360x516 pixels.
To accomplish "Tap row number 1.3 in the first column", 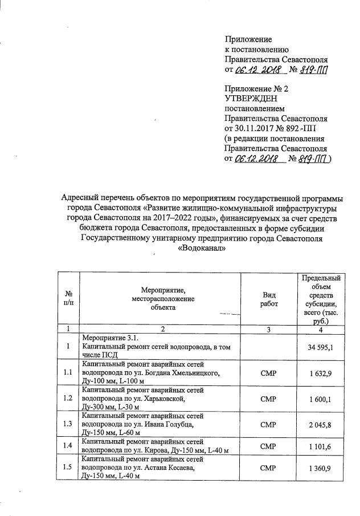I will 68,425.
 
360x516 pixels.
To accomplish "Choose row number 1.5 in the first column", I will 68,468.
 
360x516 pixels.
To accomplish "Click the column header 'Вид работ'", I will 269,299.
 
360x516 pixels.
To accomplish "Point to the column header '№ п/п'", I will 68,299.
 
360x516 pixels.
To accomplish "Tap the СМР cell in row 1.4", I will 269,446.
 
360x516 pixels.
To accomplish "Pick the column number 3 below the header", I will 269,329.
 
